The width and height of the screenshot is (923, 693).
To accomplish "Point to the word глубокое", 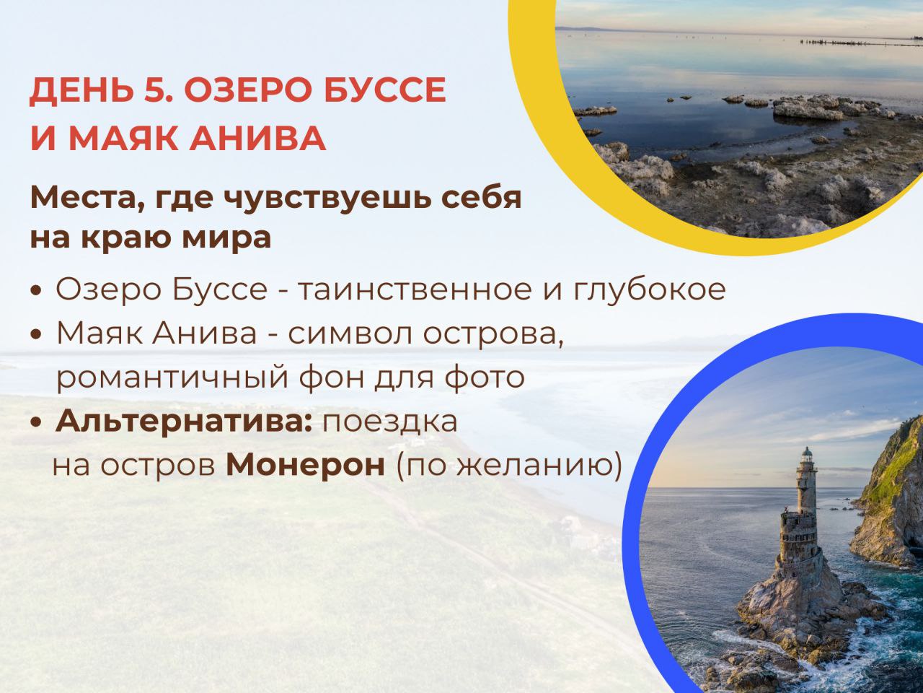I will tap(650, 290).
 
